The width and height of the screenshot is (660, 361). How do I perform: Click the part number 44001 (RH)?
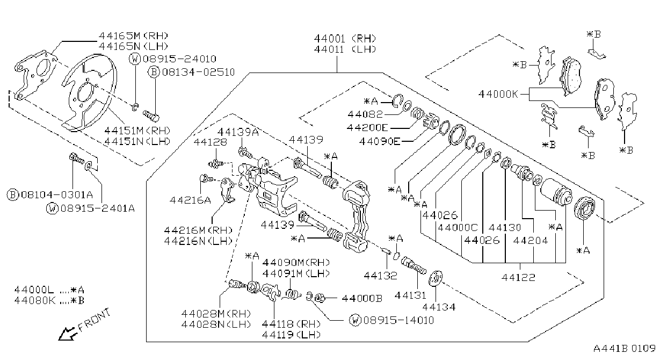(x=345, y=39)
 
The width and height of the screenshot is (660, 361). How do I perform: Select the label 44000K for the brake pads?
(x=498, y=95)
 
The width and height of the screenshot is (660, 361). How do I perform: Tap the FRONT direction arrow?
(x=67, y=334)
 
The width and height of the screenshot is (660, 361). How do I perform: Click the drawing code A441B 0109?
(x=625, y=349)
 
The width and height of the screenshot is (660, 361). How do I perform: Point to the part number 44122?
(x=518, y=277)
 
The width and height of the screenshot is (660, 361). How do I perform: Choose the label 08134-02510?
(x=198, y=72)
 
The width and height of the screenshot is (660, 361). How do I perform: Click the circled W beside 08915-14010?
(x=355, y=320)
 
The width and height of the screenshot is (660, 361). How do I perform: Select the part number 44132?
(x=380, y=276)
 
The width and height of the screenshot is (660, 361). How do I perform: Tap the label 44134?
(x=439, y=307)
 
